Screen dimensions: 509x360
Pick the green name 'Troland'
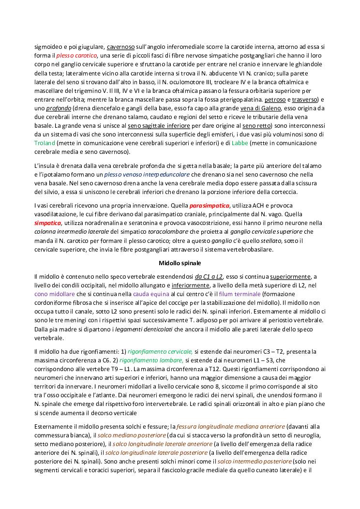click(45, 144)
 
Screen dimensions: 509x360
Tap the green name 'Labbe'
click(240, 144)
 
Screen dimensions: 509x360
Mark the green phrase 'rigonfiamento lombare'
click(151, 360)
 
